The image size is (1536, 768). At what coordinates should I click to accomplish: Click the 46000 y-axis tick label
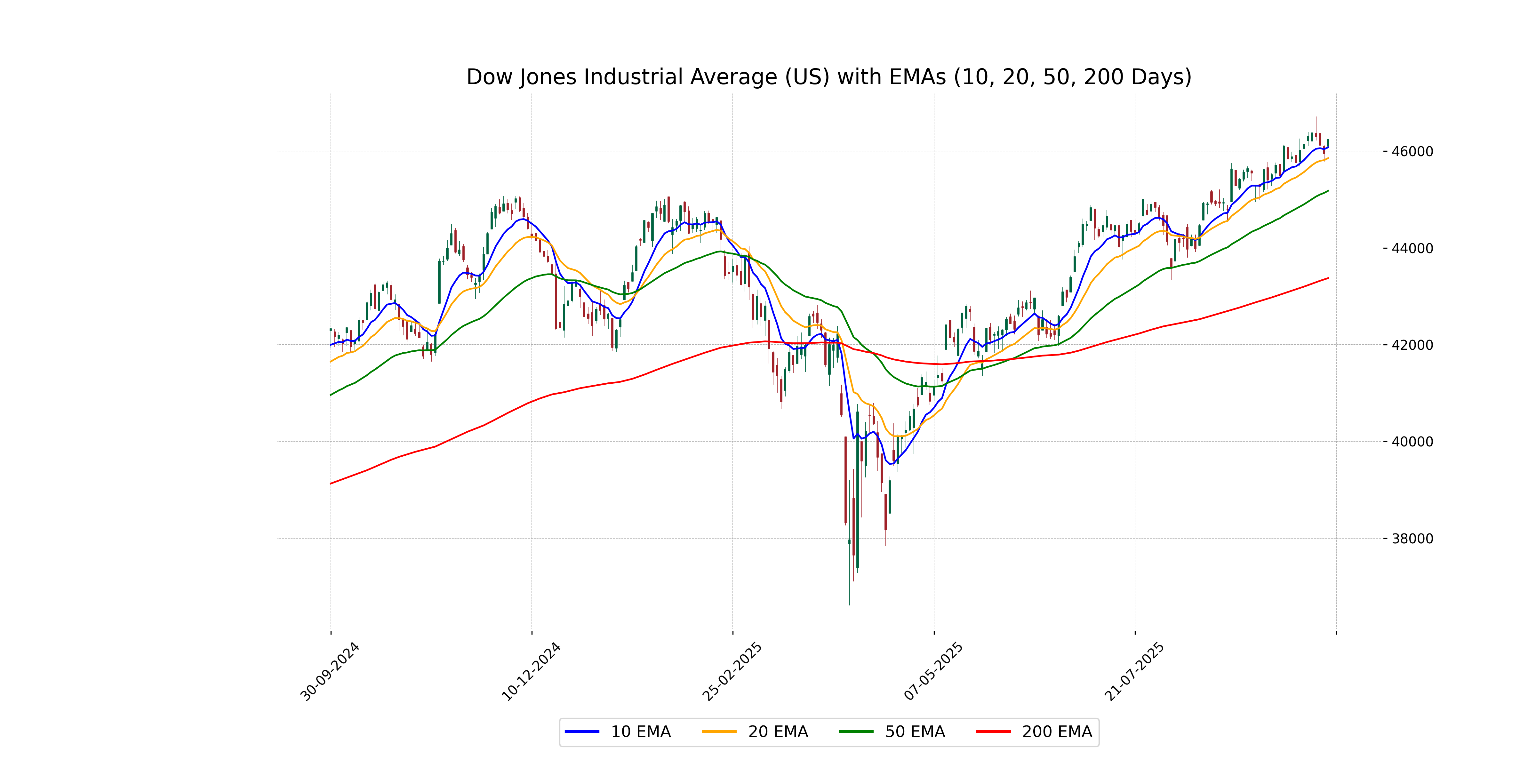pos(1412,151)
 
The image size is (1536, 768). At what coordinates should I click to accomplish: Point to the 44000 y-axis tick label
pos(1412,249)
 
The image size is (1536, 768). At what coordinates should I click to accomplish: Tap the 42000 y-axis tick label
pos(1412,345)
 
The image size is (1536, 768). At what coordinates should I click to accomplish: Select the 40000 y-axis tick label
pos(1412,442)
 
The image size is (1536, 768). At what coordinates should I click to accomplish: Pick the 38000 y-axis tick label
pos(1412,539)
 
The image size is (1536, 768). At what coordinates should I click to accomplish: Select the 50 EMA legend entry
pos(892,732)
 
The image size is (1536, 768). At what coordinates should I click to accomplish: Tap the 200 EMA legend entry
pos(1035,732)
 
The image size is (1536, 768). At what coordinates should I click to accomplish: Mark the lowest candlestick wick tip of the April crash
pos(850,604)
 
